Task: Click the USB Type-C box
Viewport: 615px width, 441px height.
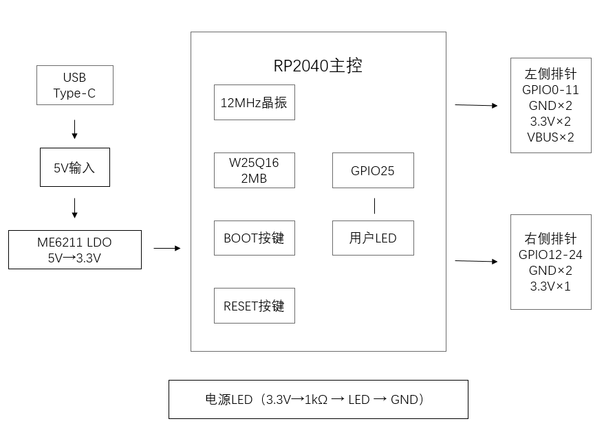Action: (x=74, y=85)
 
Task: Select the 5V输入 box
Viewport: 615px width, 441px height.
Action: (x=74, y=167)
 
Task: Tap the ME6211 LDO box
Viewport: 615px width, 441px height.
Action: (x=74, y=249)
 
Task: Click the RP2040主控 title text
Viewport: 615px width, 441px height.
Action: (x=318, y=66)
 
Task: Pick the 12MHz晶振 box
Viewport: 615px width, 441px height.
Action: (x=254, y=103)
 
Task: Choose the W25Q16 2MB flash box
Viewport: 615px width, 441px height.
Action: (x=254, y=170)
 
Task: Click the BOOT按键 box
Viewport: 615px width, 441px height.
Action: (x=254, y=238)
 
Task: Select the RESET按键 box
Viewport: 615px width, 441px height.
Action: (x=254, y=306)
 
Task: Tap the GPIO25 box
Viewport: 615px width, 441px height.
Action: (x=373, y=170)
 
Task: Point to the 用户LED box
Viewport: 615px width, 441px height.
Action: (x=373, y=238)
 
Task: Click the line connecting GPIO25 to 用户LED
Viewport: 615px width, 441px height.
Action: (x=374, y=205)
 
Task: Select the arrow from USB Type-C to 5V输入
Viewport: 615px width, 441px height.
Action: (x=74, y=128)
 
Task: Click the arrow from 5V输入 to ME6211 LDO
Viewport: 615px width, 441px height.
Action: (x=74, y=207)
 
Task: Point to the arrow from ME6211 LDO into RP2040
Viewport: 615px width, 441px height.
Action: (x=166, y=248)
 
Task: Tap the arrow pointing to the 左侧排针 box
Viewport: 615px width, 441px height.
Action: (x=476, y=105)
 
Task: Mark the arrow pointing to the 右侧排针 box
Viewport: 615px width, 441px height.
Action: (x=476, y=261)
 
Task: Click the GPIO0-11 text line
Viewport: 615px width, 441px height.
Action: (x=550, y=90)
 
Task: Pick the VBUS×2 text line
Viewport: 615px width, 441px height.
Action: (x=550, y=137)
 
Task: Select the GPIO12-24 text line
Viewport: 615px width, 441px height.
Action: (x=550, y=255)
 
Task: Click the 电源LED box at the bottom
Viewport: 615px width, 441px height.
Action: (x=318, y=399)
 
